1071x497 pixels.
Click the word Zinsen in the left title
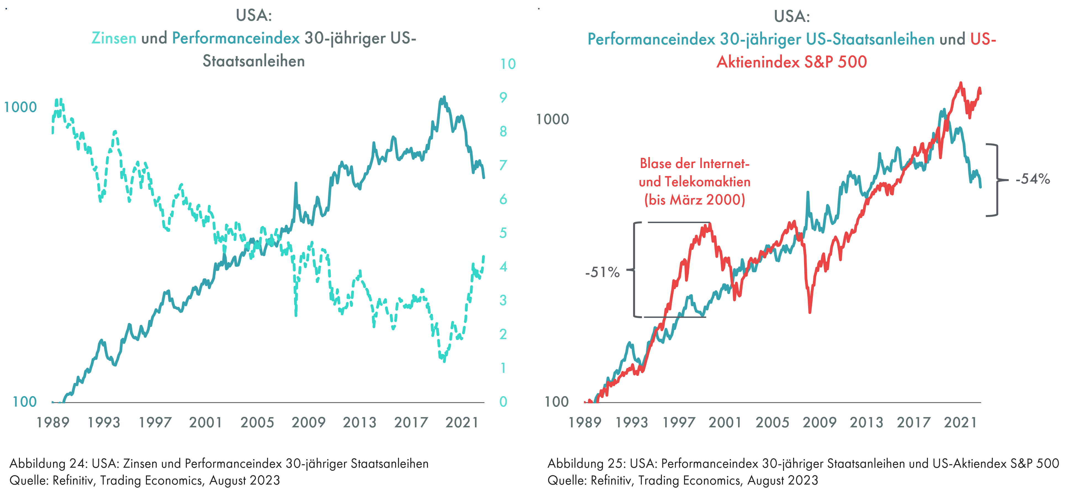click(114, 38)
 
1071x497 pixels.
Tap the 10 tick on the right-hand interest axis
click(508, 64)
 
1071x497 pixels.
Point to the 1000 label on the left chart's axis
click(20, 108)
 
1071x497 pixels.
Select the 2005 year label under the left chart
click(257, 422)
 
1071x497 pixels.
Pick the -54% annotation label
click(1033, 179)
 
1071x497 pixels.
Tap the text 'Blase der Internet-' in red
click(694, 164)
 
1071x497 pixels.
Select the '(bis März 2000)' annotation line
click(694, 200)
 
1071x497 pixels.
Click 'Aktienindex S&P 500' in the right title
click(792, 62)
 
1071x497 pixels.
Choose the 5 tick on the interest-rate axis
click(503, 233)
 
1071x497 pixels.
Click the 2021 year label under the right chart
click(960, 422)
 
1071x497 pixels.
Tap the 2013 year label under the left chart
click(359, 422)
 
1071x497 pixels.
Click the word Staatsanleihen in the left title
click(254, 61)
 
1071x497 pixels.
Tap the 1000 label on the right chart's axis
click(552, 119)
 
